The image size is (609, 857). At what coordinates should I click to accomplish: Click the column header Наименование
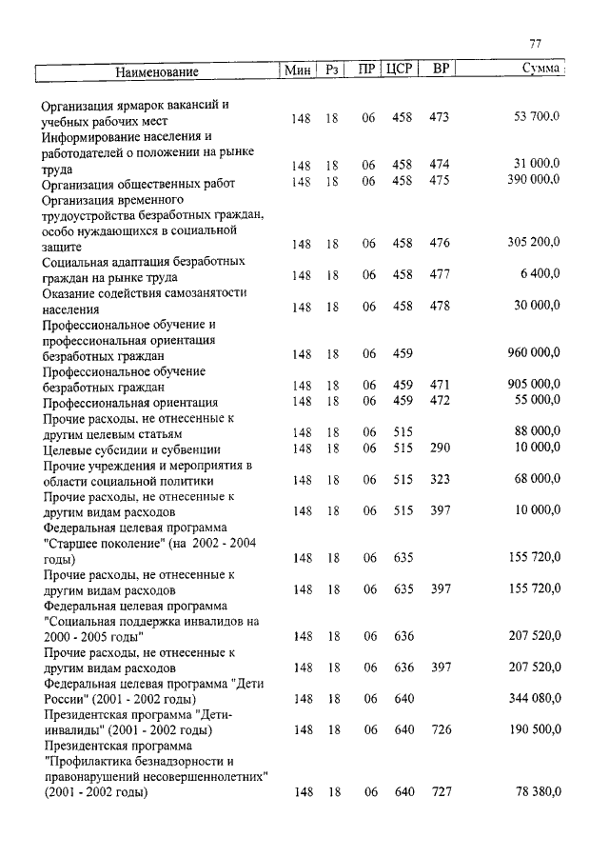(x=158, y=71)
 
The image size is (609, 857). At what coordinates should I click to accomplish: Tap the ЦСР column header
(x=400, y=70)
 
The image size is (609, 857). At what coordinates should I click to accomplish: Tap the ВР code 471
(x=440, y=385)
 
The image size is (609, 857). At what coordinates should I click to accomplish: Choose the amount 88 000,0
(x=537, y=431)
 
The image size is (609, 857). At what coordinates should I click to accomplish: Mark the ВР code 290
(x=440, y=448)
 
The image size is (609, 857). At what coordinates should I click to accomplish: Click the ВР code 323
(x=440, y=479)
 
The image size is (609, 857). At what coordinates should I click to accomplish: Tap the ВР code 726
(x=440, y=729)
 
